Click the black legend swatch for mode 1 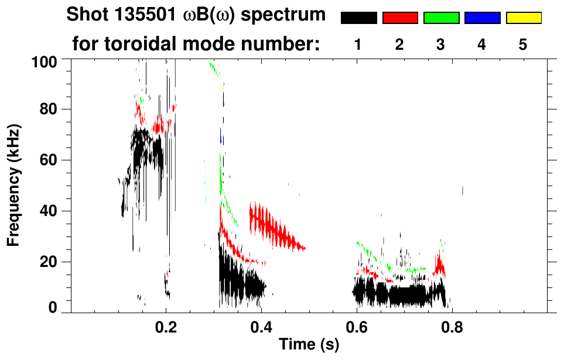(359, 18)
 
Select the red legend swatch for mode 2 (400, 18)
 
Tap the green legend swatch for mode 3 (441, 18)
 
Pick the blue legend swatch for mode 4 (482, 18)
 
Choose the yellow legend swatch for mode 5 (524, 18)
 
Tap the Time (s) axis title (308, 345)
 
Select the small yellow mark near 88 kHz (220, 88)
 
